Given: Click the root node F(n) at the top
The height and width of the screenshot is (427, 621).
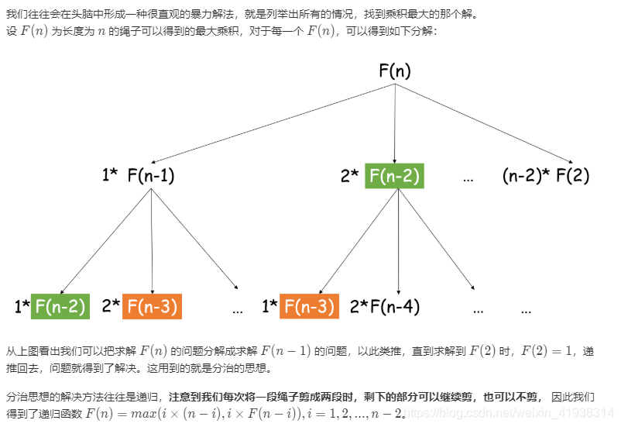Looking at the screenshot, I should coord(395,71).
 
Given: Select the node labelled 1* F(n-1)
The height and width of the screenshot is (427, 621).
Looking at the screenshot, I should coord(139,176).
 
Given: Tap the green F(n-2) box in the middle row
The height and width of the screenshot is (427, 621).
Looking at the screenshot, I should coord(394,177).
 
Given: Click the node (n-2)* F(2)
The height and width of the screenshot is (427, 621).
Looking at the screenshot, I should coord(546,176).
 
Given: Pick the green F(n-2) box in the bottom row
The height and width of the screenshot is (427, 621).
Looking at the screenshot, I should coord(60,306).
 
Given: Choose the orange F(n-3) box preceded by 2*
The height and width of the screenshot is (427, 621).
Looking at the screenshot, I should coord(152,306).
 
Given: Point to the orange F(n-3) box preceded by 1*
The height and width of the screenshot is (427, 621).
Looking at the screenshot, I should coord(309,306).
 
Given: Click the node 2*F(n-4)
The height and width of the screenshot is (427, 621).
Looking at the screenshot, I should coord(385,306).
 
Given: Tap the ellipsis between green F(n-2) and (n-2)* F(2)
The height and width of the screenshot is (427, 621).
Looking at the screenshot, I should coord(468,179).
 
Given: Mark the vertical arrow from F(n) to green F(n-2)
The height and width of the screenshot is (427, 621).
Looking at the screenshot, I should coord(395,124).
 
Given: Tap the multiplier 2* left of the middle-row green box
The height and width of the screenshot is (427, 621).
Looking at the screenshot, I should coord(349,177).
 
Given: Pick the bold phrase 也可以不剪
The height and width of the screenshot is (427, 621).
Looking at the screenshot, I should coord(509,397).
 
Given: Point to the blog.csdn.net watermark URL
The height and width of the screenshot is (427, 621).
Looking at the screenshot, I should coord(511,415).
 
